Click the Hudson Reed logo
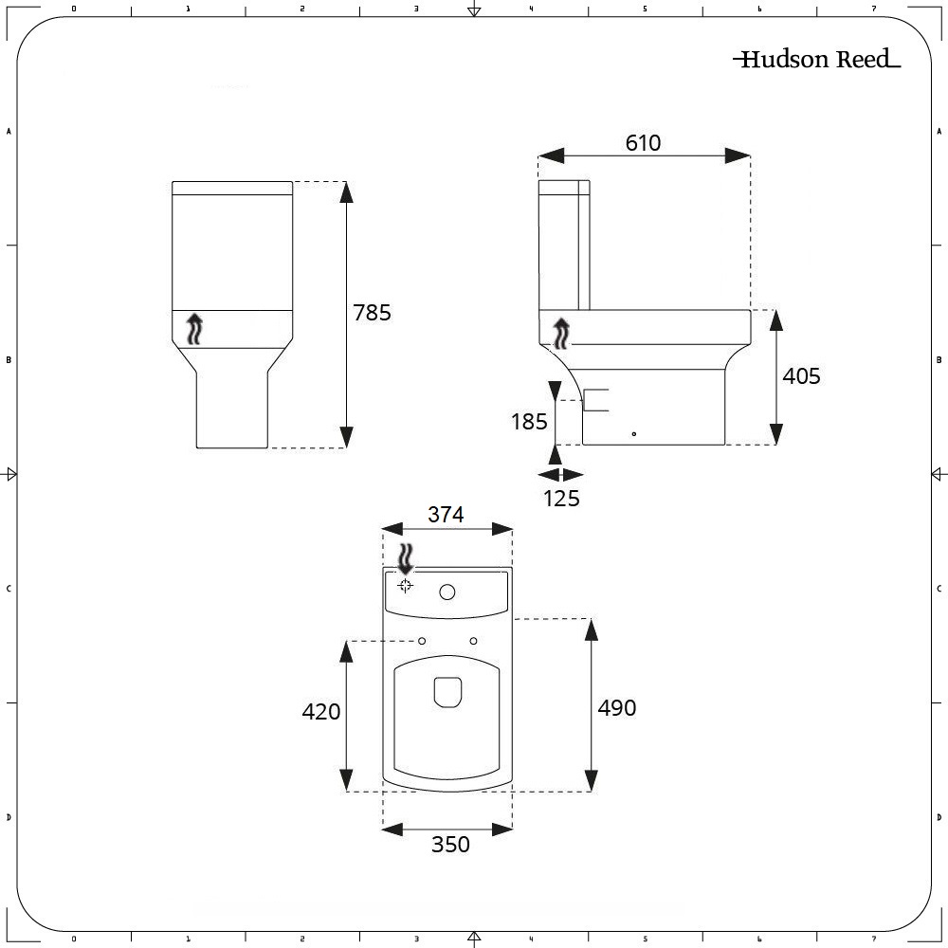tap(816, 60)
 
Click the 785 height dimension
tap(372, 313)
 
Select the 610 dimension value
tap(643, 143)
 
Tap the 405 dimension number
tap(801, 376)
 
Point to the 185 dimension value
tap(529, 422)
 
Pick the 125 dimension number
tap(561, 499)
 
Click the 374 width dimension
tap(446, 515)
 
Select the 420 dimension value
tap(320, 712)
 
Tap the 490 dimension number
tap(616, 708)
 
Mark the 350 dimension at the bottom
tap(450, 845)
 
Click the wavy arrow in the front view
tap(195, 328)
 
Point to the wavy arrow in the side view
tap(562, 334)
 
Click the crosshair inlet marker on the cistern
tap(405, 585)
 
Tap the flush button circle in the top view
tap(447, 592)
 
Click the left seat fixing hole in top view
tap(422, 642)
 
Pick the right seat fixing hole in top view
tap(473, 642)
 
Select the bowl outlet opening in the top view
tap(447, 692)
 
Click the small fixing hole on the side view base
tap(634, 434)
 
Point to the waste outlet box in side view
tap(594, 400)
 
